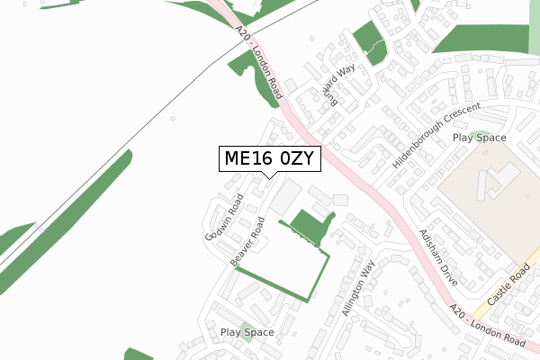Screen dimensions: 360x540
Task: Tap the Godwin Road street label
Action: pyautogui.click(x=224, y=218)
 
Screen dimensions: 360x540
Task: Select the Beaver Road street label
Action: pyautogui.click(x=247, y=240)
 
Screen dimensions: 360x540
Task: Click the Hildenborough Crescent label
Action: pyautogui.click(x=436, y=138)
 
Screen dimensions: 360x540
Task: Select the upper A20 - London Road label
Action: pyautogui.click(x=261, y=61)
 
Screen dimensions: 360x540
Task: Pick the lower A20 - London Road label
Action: pyautogui.click(x=486, y=328)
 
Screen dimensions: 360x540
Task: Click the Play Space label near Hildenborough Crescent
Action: pyautogui.click(x=479, y=138)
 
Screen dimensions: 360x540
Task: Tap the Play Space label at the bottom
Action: pyautogui.click(x=247, y=332)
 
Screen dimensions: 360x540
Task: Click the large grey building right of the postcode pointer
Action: pyautogui.click(x=287, y=196)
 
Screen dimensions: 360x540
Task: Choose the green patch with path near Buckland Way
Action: pyautogui.click(x=368, y=41)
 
